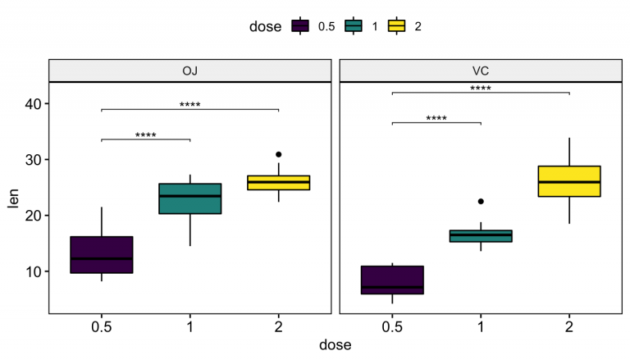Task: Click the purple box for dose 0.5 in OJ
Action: pos(102,254)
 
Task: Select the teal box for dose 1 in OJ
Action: pos(189,198)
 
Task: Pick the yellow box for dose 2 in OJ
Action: pos(278,182)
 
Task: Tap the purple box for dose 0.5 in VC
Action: pos(392,280)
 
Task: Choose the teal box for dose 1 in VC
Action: pos(481,236)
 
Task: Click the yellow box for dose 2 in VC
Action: pos(568,181)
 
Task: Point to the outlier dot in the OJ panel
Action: pos(278,154)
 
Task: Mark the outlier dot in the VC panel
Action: pos(481,201)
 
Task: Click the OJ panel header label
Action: pos(189,71)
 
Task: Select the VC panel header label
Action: pos(481,71)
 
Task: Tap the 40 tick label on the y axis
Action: pos(32,103)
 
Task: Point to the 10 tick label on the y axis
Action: pos(32,271)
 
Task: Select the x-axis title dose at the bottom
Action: pos(335,345)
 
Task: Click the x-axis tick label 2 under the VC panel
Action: pos(568,326)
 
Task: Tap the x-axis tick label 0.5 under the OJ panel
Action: pos(102,326)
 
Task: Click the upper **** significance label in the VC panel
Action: pos(481,88)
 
